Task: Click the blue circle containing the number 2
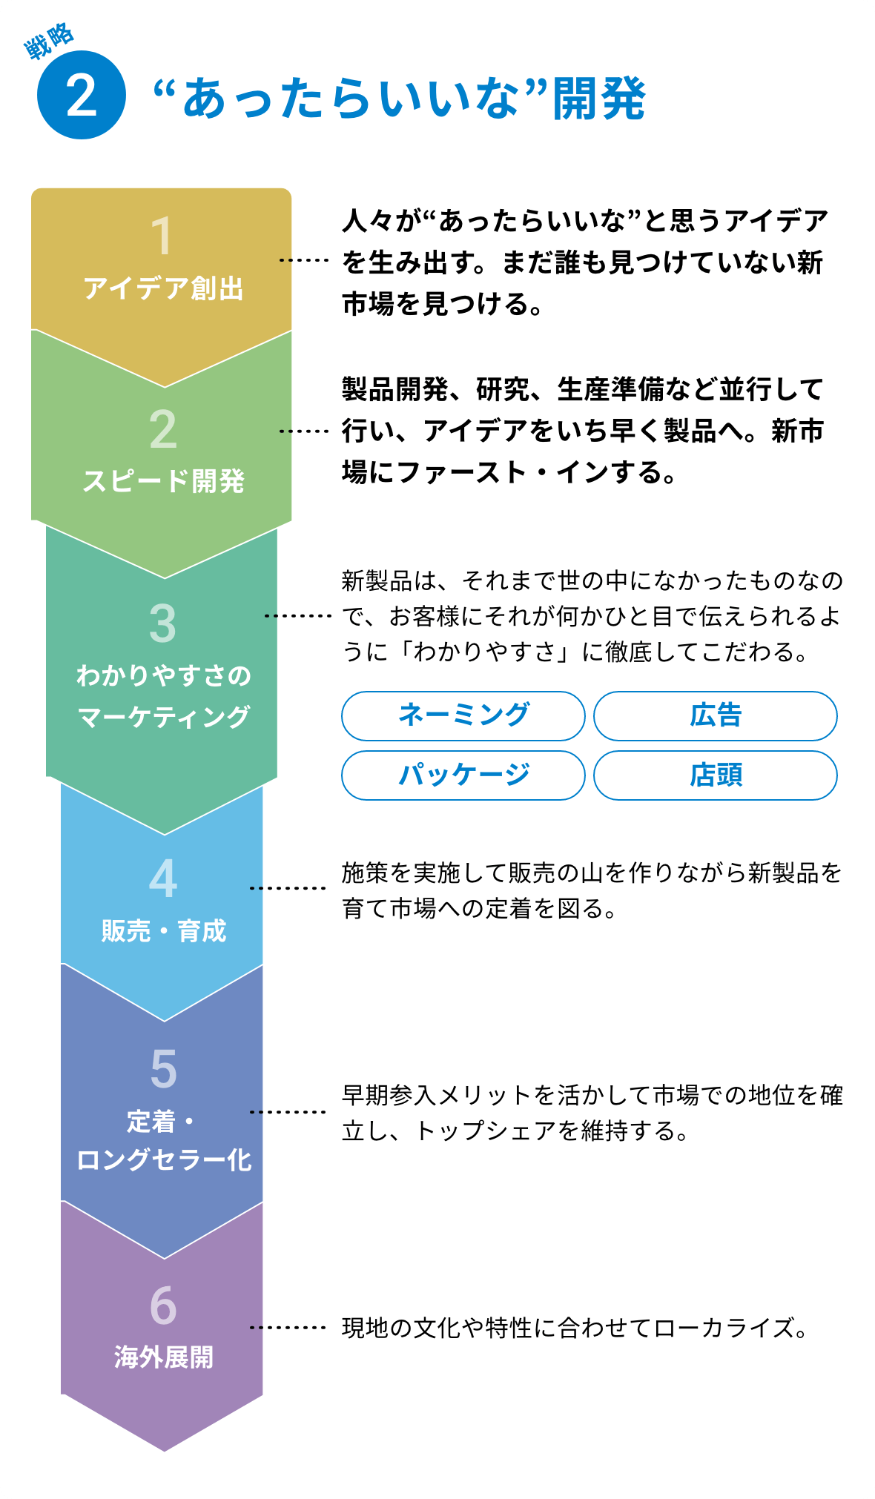tap(82, 95)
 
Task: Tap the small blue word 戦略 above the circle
tap(49, 42)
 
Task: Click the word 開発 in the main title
tap(599, 99)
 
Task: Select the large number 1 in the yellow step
tap(162, 236)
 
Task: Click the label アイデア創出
tap(163, 288)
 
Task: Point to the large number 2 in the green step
tap(163, 429)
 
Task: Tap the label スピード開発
tap(163, 481)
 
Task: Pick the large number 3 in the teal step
tap(163, 623)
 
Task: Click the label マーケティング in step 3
tap(163, 717)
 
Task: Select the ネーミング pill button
tap(463, 716)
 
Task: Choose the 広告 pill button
tap(716, 716)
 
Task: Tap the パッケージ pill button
tap(463, 775)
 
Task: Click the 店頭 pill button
tap(716, 775)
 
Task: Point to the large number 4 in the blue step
tap(163, 878)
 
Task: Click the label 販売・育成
tap(163, 931)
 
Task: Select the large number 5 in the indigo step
tap(163, 1069)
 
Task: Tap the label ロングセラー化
tap(164, 1160)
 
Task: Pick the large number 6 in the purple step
tap(163, 1306)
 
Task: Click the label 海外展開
tap(163, 1357)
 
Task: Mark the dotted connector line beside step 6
tap(288, 1327)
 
